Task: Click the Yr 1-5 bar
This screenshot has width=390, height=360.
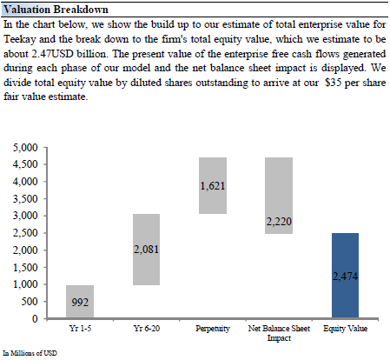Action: tap(80, 302)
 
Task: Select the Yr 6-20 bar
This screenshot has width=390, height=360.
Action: tap(146, 250)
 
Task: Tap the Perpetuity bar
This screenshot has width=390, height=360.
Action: tap(213, 186)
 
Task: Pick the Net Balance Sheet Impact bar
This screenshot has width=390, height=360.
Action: tap(279, 196)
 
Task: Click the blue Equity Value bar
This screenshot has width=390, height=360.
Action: tap(345, 276)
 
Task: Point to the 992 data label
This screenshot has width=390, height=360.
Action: tap(80, 303)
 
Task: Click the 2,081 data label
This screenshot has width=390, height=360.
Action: tap(146, 250)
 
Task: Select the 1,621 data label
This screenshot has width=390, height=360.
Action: tap(213, 186)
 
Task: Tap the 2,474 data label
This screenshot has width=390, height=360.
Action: tap(345, 277)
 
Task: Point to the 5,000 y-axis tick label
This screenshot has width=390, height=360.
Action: tap(25, 148)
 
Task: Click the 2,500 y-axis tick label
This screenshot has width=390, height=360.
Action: tap(25, 233)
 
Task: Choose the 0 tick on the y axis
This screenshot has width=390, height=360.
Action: tap(35, 318)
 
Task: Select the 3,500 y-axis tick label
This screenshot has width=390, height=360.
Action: tap(25, 199)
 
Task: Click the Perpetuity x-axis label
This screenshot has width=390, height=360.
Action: tap(213, 329)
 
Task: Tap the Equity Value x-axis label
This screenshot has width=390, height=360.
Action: tap(346, 329)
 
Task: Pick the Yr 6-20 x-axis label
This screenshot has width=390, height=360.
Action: tap(147, 329)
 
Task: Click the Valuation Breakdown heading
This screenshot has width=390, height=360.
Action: tap(56, 10)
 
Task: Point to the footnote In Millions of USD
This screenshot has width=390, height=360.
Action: tap(30, 353)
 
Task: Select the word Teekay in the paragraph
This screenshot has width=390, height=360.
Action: tap(20, 39)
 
